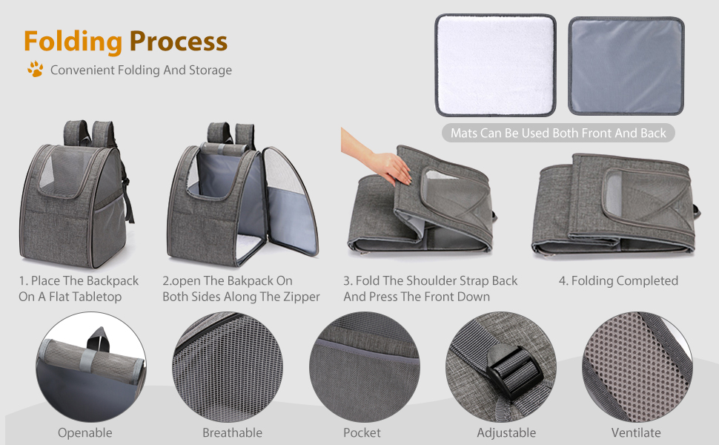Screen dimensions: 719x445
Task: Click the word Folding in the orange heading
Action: click(x=73, y=42)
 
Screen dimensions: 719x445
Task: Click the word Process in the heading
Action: click(x=179, y=42)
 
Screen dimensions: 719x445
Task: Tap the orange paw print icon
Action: click(x=36, y=69)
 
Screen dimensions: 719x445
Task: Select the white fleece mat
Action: click(x=495, y=65)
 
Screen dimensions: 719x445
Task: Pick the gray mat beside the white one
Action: click(x=626, y=65)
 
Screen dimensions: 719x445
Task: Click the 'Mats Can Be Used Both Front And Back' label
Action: click(x=558, y=133)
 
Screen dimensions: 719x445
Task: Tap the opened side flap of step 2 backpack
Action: click(x=290, y=202)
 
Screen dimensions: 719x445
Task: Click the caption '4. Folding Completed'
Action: click(x=618, y=280)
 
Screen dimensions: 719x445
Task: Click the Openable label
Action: click(x=85, y=432)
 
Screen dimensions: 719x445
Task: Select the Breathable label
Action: click(x=233, y=432)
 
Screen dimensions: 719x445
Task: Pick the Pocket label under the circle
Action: click(x=362, y=432)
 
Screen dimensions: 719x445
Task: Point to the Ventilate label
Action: click(x=636, y=432)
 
